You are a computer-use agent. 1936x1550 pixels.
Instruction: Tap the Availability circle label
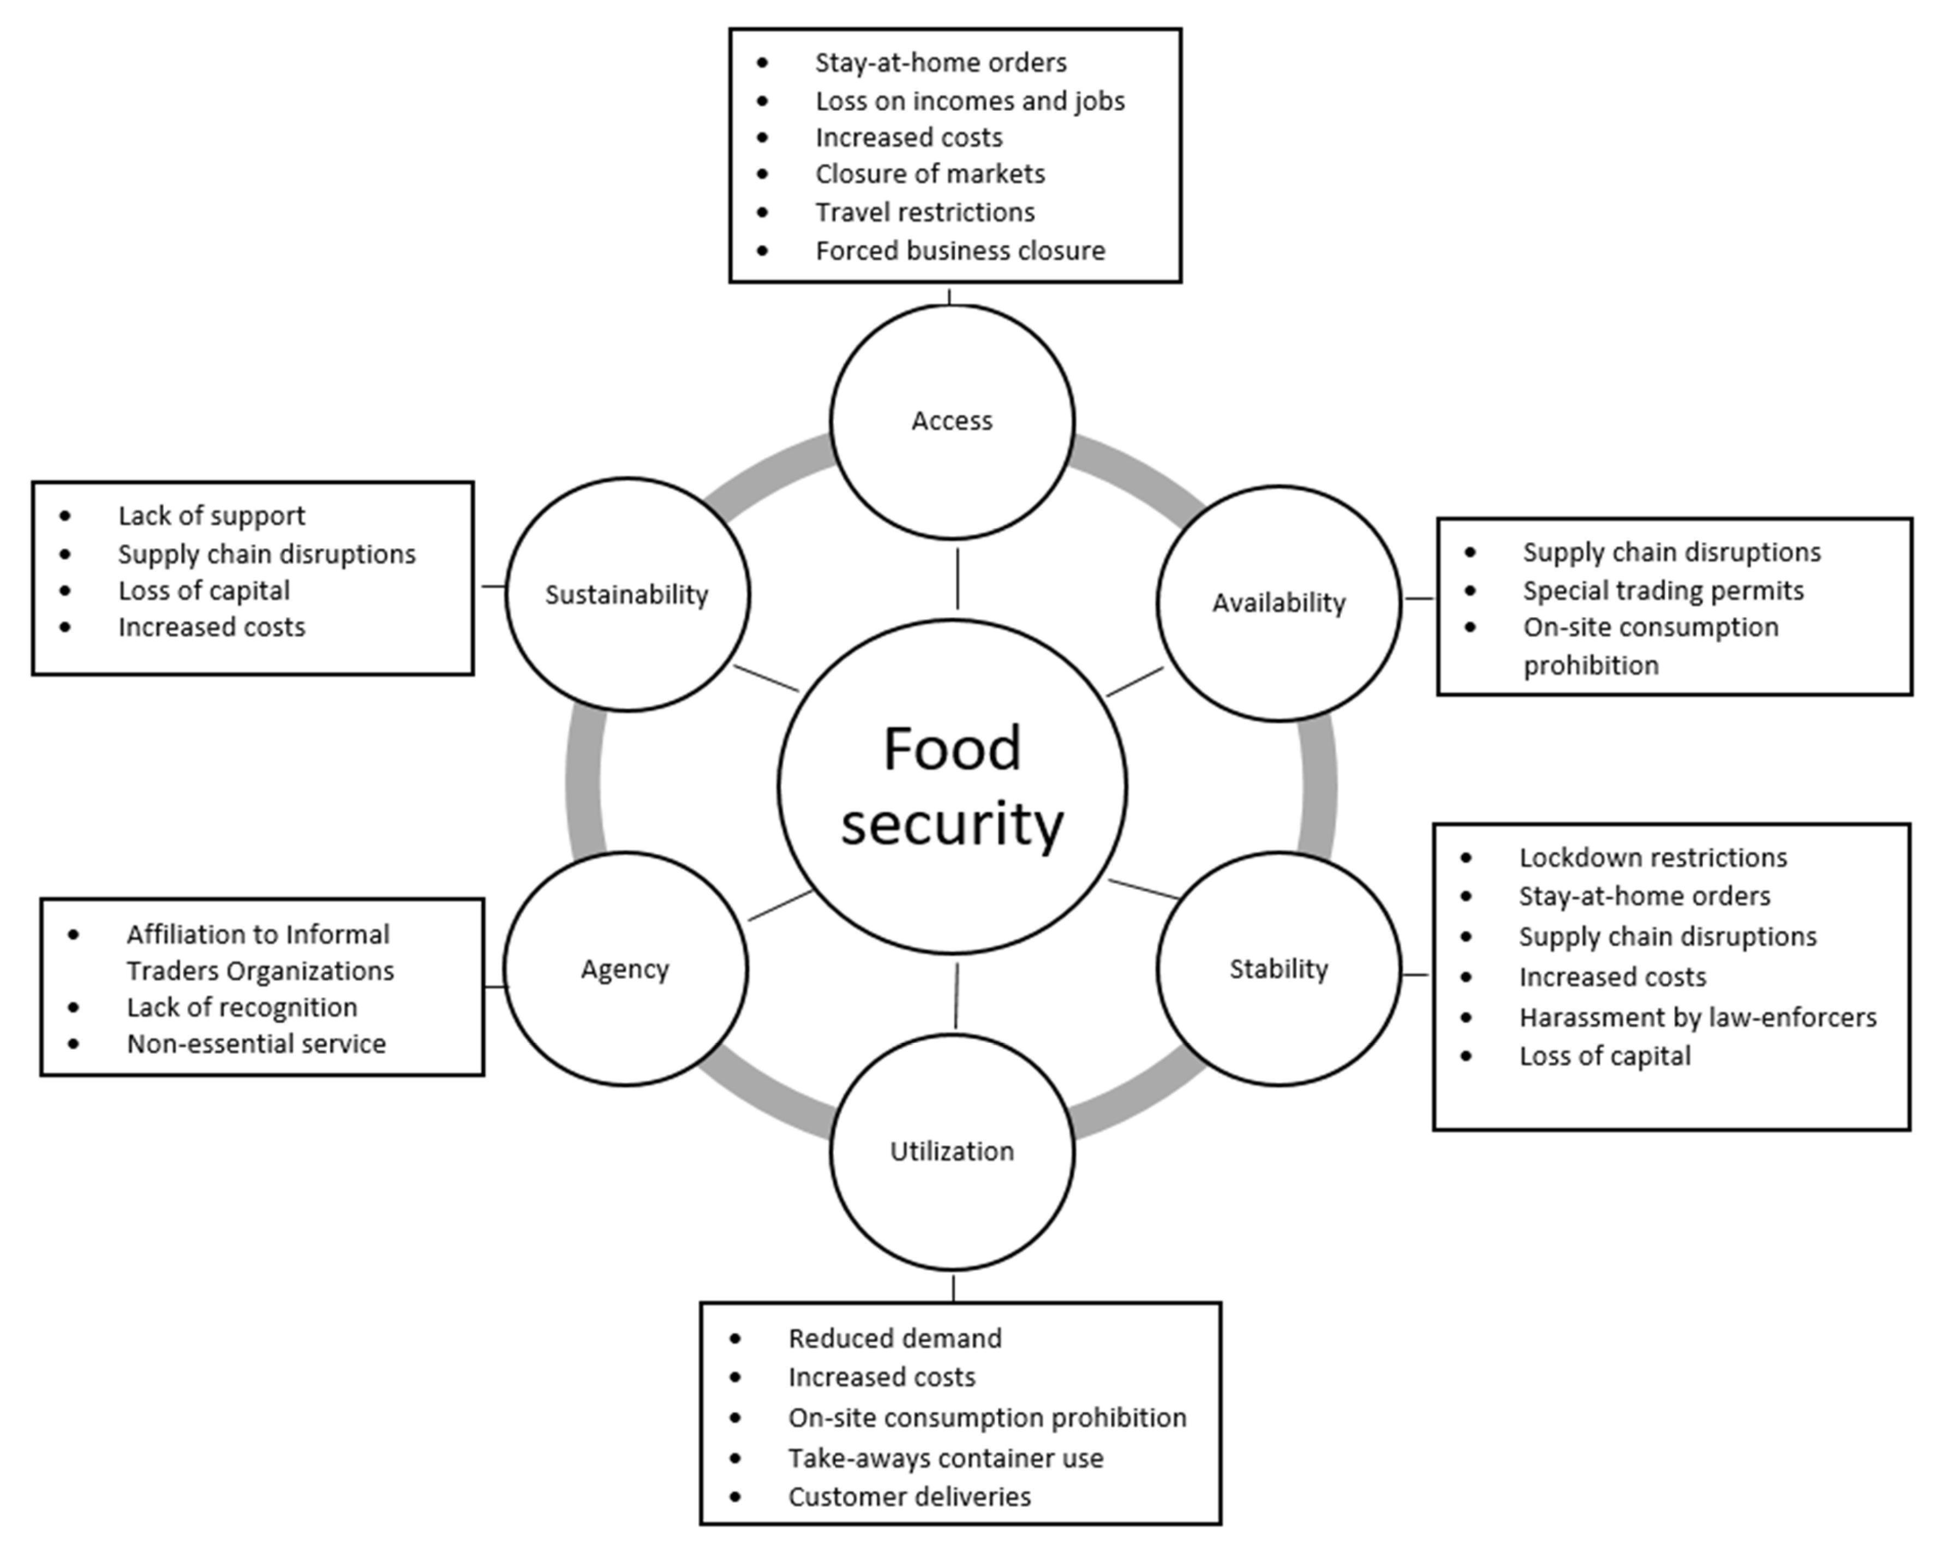point(1278,602)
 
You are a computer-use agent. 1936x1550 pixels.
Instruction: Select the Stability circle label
point(1278,969)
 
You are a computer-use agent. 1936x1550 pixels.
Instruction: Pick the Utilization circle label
point(952,1151)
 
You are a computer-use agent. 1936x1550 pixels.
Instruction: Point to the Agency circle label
point(625,969)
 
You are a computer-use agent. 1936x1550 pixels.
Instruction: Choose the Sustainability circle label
point(627,595)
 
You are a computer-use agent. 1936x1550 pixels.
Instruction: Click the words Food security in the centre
point(952,786)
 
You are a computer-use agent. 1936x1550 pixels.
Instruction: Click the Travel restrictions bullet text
point(925,213)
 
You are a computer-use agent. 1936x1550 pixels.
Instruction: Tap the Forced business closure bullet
point(960,250)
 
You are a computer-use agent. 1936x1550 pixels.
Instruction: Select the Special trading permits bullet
point(1663,591)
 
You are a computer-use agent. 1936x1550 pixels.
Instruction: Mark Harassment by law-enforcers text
point(1697,1018)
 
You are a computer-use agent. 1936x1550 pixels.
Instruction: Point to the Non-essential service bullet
point(256,1044)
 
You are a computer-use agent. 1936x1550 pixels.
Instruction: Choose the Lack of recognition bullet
point(242,1008)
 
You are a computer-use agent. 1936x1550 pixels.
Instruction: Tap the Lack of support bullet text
point(211,516)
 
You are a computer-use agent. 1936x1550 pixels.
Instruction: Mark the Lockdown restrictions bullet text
point(1652,858)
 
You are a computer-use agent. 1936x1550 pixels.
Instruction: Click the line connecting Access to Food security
point(957,579)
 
